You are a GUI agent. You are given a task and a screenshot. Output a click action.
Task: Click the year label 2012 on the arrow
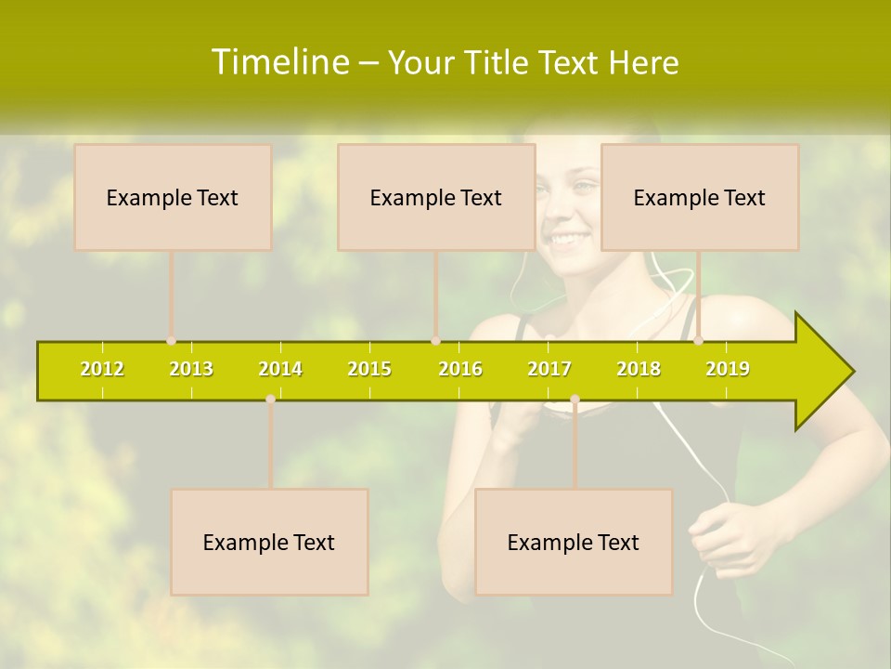pos(102,369)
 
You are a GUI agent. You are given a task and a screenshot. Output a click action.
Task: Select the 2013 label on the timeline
pos(191,369)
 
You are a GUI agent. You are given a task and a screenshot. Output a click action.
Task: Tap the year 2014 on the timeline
pos(280,369)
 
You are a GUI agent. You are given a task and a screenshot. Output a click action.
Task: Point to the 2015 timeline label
pos(369,369)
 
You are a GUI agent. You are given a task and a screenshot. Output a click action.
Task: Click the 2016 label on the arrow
pos(459,369)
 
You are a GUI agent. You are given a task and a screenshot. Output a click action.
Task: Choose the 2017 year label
pos(549,369)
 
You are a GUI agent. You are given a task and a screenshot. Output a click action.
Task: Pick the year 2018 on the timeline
pos(639,369)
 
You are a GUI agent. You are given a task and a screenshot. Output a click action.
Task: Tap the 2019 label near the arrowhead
pos(728,369)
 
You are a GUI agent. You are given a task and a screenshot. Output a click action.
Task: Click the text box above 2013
pos(173,197)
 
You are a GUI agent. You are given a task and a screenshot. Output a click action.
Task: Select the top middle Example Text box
pos(436,197)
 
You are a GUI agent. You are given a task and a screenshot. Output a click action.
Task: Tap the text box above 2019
pos(700,197)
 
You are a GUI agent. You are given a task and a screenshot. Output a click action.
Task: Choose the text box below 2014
pos(269,542)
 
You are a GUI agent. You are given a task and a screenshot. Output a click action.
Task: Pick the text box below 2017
pos(574,542)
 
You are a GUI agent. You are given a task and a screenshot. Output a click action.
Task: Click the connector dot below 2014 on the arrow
pos(270,399)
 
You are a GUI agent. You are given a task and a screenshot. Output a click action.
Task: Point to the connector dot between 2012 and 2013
pos(171,341)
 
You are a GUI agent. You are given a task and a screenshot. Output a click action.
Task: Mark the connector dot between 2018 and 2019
pos(698,341)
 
